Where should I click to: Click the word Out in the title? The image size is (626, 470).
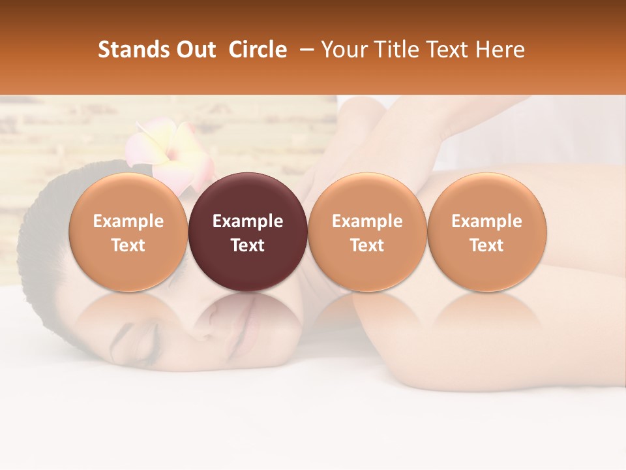pyautogui.click(x=194, y=50)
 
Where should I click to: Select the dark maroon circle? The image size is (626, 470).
pyautogui.click(x=248, y=232)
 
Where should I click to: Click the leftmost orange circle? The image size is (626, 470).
pyautogui.click(x=128, y=232)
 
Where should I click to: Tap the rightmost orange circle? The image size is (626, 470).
pyautogui.click(x=487, y=232)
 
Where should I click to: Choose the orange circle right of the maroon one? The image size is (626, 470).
pyautogui.click(x=367, y=232)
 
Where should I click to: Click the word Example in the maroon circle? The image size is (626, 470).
pyautogui.click(x=248, y=221)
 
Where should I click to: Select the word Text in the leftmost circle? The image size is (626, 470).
pyautogui.click(x=128, y=245)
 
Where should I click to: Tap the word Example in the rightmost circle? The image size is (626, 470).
pyautogui.click(x=487, y=221)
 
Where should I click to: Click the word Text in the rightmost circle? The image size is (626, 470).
pyautogui.click(x=487, y=245)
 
